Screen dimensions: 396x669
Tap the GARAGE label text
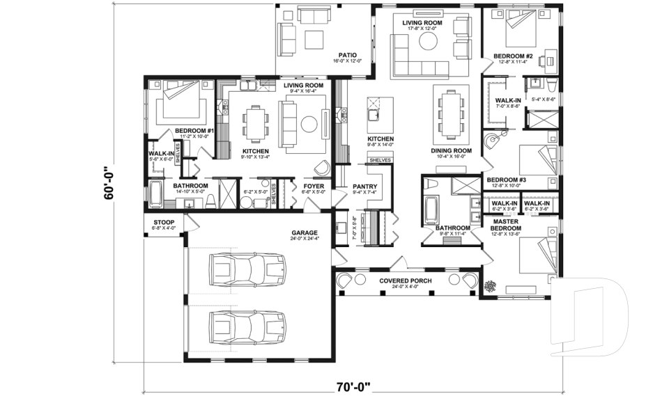click(x=305, y=232)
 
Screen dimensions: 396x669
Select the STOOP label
click(x=164, y=223)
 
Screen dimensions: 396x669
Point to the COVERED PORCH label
click(x=405, y=280)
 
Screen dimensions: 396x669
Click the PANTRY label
click(x=364, y=187)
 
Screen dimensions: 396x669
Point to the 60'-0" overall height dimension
click(x=109, y=182)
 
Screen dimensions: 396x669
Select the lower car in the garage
click(x=248, y=324)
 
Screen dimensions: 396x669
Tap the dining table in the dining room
click(x=449, y=110)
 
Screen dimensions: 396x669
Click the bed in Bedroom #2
click(x=522, y=28)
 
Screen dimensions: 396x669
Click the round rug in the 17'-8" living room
click(x=427, y=41)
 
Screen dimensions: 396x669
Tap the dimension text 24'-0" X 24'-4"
click(x=305, y=240)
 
